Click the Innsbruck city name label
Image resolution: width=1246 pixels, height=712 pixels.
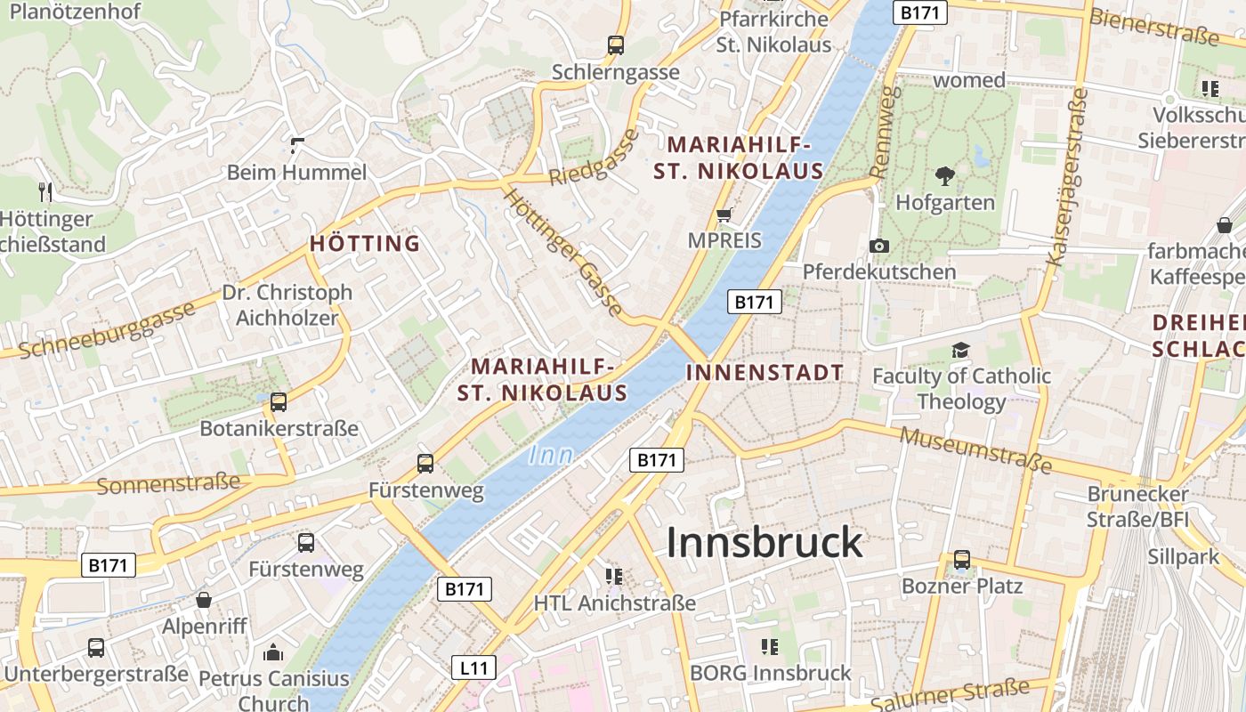[x=765, y=542]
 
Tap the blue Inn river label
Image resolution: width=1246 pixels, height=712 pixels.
[x=551, y=456]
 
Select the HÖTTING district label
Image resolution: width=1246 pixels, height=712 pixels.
[x=365, y=243]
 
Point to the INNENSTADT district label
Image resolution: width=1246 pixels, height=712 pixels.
[x=765, y=373]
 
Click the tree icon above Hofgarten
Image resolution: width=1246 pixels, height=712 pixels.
[x=944, y=176]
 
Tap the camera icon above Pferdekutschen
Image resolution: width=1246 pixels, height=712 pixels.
[x=879, y=246]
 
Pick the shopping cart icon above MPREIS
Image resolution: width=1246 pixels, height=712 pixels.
[x=724, y=214]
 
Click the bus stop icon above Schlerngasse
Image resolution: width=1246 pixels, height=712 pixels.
[x=615, y=44]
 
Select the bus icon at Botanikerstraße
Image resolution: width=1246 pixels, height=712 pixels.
[x=279, y=402]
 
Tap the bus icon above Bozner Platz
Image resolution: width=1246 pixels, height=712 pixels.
[x=962, y=560]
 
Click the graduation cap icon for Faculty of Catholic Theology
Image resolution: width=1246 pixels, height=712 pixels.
[x=960, y=350]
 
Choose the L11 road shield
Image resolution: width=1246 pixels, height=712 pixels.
[x=473, y=667]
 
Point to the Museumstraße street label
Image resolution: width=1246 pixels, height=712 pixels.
[x=976, y=449]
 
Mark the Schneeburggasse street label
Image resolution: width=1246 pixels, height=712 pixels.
[x=107, y=329]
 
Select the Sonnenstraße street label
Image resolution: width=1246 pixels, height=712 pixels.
[x=168, y=484]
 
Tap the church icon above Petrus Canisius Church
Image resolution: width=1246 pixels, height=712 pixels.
[x=273, y=652]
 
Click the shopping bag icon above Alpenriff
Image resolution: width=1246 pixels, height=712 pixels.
[x=204, y=600]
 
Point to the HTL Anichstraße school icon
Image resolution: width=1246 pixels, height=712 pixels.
[x=614, y=577]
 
